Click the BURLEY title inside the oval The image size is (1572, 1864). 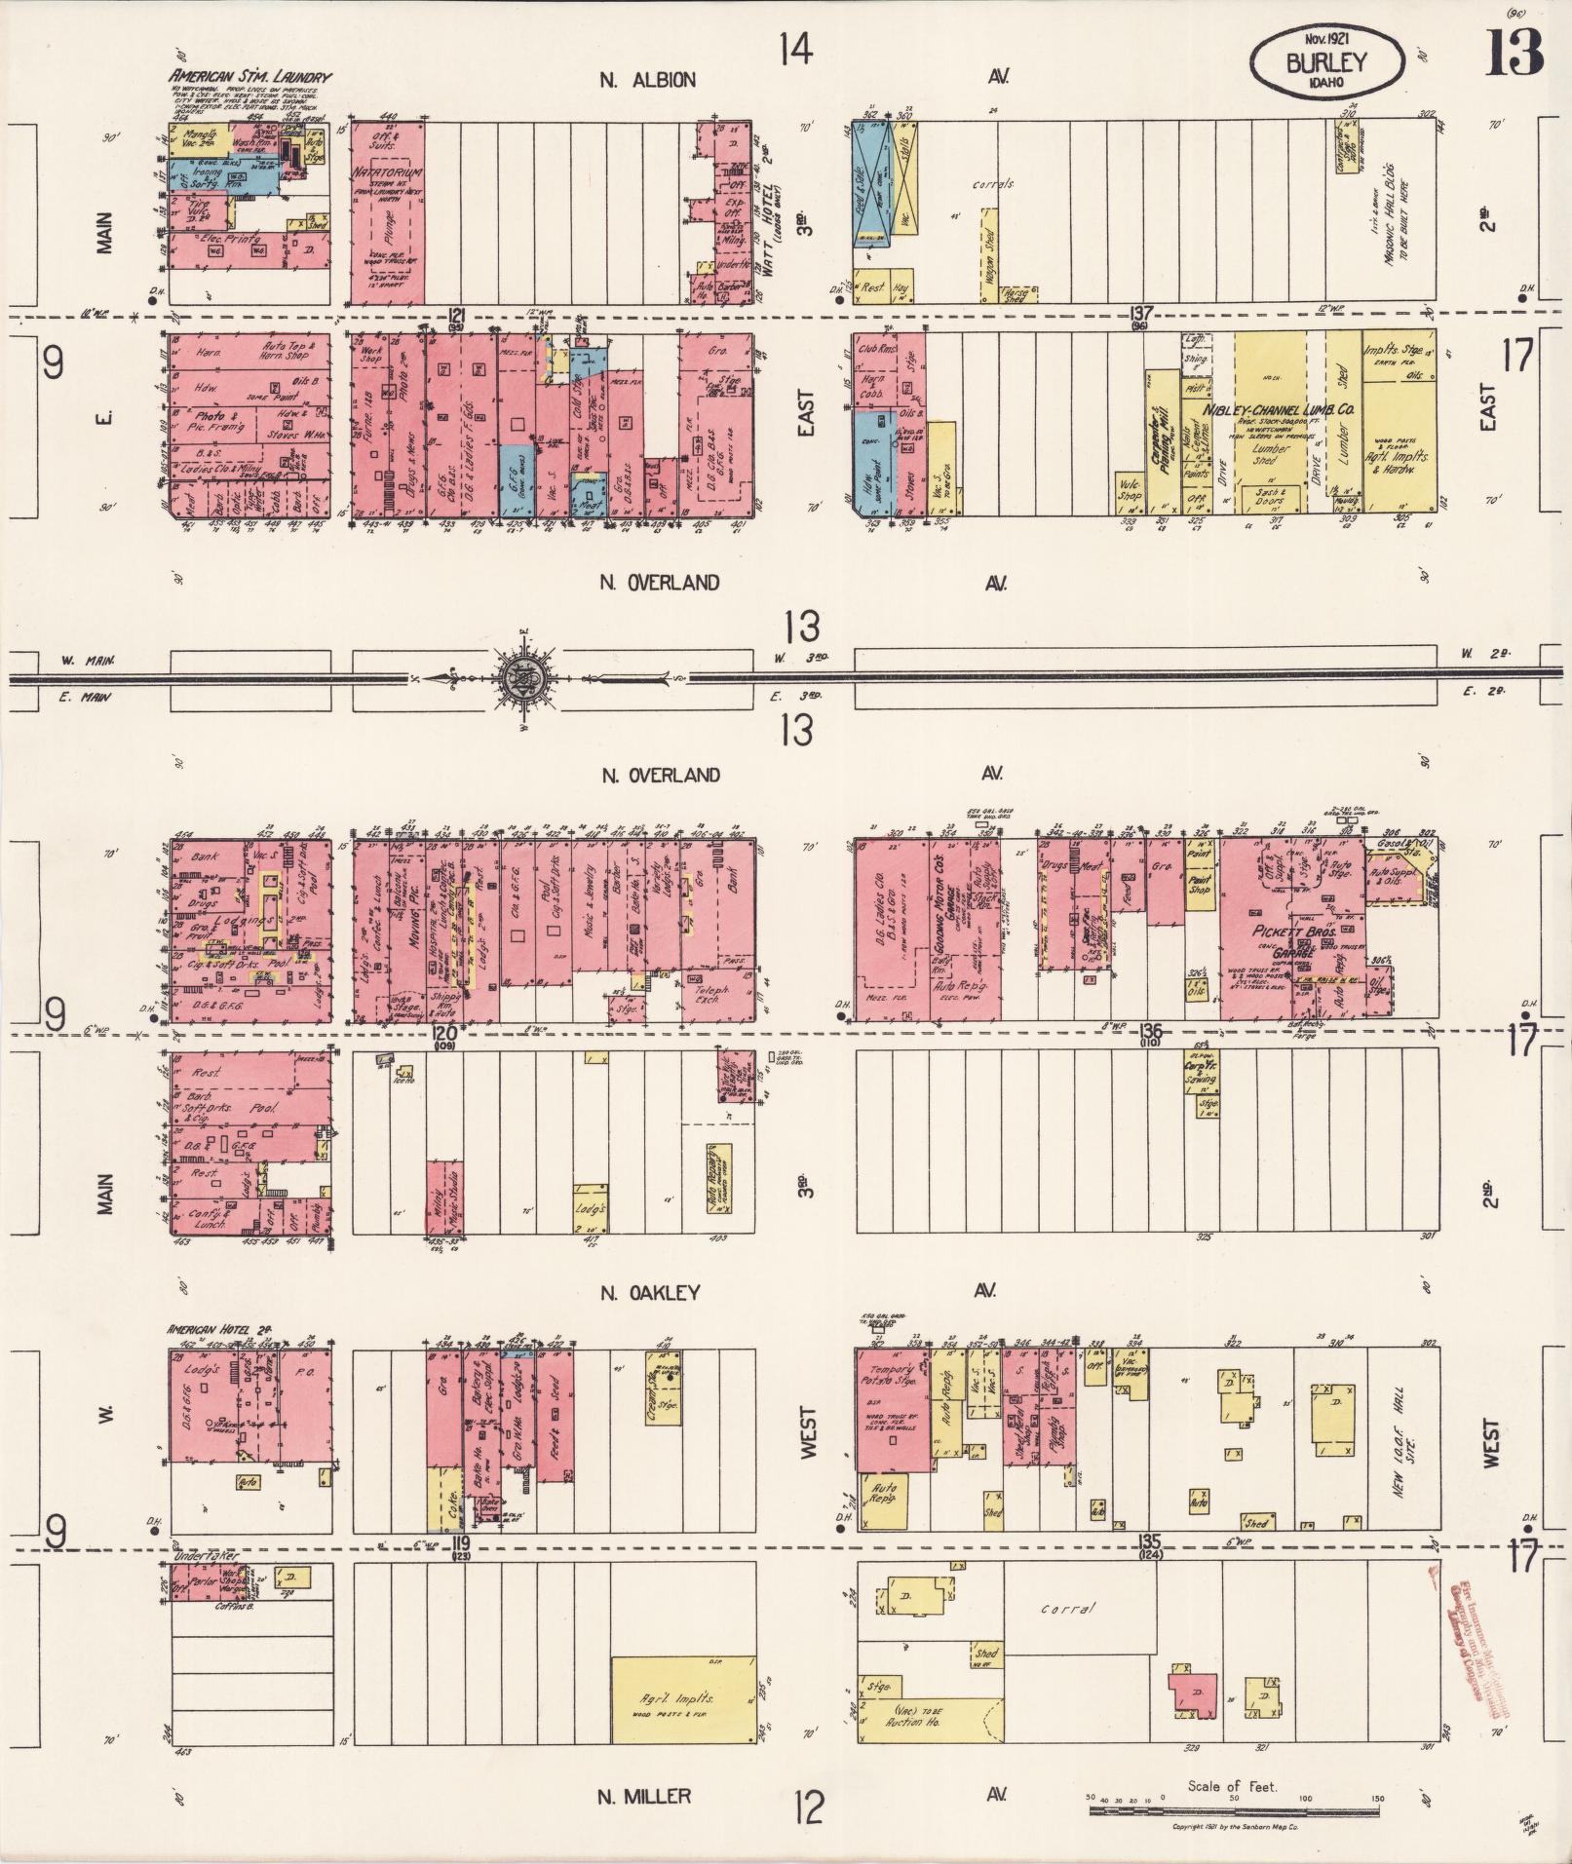pos(1326,62)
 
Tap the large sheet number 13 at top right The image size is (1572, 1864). pos(1514,52)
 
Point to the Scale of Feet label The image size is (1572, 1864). pos(1232,1786)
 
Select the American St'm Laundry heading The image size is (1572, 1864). pos(250,76)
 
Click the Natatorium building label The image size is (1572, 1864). pos(388,170)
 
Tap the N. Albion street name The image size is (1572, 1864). pos(647,80)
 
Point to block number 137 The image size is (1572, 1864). pos(1139,314)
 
